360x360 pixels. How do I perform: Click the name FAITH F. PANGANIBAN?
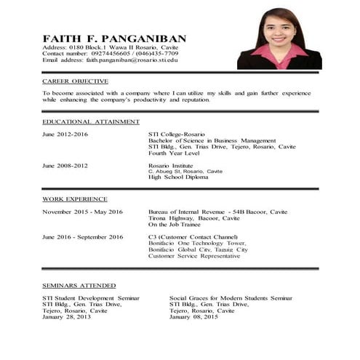point(114,39)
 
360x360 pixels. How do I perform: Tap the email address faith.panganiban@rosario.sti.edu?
point(139,60)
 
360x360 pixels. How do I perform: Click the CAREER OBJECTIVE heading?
point(75,81)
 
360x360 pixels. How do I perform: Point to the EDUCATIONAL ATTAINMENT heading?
point(90,121)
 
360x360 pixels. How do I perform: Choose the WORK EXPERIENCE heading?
point(75,199)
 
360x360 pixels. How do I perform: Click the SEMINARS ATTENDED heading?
point(79,286)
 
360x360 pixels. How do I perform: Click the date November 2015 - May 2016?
point(82,212)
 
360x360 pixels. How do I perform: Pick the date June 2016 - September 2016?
point(82,237)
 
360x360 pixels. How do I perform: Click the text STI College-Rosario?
point(176,135)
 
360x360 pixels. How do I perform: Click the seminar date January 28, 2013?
point(67,317)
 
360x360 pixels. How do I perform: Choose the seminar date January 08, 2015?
point(193,317)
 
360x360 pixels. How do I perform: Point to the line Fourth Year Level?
point(175,153)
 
